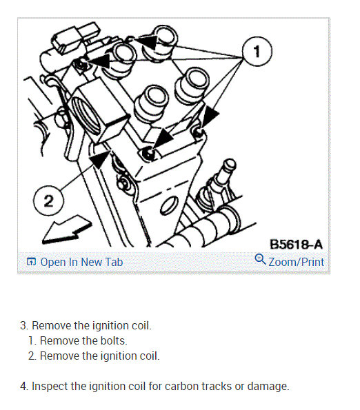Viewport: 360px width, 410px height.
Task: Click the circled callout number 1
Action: point(257,52)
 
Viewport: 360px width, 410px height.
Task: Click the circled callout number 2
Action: point(48,201)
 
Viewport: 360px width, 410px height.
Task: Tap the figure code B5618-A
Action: point(296,245)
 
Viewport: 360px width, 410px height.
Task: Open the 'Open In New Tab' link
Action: point(81,262)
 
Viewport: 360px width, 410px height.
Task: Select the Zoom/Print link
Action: point(296,262)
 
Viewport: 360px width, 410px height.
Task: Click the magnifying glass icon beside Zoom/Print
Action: point(260,259)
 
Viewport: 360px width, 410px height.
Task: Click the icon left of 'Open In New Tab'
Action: point(31,262)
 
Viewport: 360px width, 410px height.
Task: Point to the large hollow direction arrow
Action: point(67,230)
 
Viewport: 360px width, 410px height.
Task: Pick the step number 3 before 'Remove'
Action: point(23,326)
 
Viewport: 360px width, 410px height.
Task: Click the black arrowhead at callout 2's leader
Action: point(99,159)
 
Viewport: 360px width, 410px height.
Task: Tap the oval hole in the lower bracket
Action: point(170,205)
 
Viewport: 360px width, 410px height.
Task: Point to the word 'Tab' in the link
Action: point(114,262)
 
